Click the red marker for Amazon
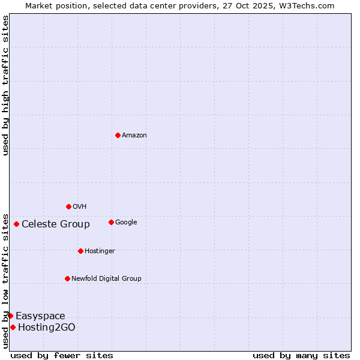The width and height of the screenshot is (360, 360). pos(118,135)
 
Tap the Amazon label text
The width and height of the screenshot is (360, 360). pos(134,136)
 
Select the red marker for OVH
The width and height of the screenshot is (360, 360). pos(68,206)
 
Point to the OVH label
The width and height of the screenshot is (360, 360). pos(80,207)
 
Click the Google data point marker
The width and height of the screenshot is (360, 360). pos(111,222)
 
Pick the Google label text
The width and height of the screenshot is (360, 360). pos(126,223)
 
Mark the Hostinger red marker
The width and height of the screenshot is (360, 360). pos(80,251)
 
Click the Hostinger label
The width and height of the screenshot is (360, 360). pos(100,251)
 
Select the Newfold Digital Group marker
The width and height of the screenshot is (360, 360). pos(67,278)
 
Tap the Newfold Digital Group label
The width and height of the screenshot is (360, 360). pos(106,278)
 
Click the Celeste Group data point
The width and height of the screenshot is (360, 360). pos(16,224)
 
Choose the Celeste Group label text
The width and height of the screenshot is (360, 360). pos(56,224)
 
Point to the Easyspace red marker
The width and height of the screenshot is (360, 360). pos(10,316)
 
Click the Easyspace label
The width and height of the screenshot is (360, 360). pos(40,316)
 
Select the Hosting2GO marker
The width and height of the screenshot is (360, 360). pos(13,327)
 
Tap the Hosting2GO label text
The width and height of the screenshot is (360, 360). pos(47,328)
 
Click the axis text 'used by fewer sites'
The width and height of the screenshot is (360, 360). pos(62,355)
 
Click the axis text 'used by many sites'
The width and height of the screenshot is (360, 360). pos(301,355)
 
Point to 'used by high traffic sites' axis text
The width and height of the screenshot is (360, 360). pos(5,85)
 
